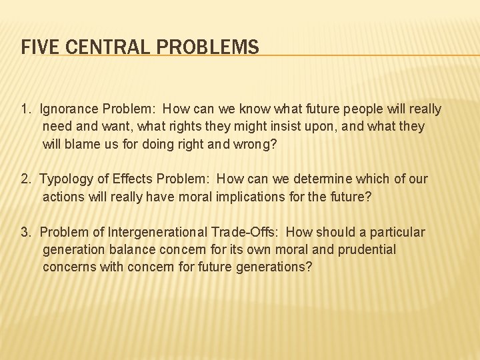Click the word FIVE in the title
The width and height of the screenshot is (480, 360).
pyautogui.click(x=36, y=47)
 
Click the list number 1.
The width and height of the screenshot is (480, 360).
pyautogui.click(x=25, y=109)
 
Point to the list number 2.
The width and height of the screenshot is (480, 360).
pyautogui.click(x=25, y=179)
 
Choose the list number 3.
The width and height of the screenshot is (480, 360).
pyautogui.click(x=25, y=232)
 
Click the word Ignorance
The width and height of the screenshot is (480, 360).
pyautogui.click(x=69, y=109)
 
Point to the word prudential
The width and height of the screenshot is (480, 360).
pyautogui.click(x=364, y=249)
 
